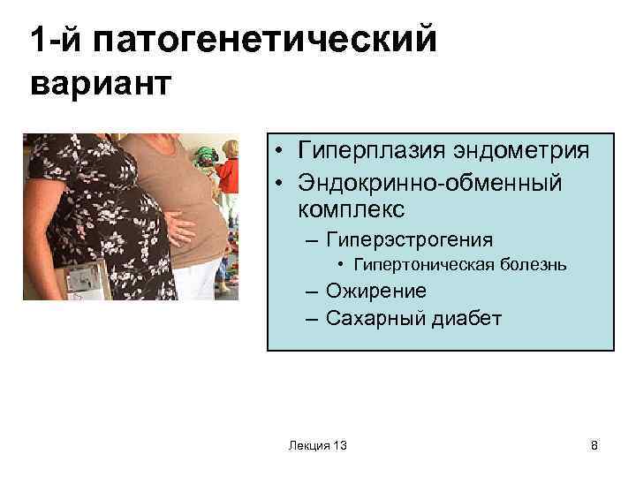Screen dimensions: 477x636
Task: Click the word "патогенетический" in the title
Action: (x=266, y=41)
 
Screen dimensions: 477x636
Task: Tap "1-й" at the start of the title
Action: (x=55, y=41)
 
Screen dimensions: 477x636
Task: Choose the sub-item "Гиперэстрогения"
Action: (x=409, y=238)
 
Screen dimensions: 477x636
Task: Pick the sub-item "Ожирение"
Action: (x=375, y=291)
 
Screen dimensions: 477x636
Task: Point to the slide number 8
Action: (x=594, y=446)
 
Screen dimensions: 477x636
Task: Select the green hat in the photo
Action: (x=206, y=155)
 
